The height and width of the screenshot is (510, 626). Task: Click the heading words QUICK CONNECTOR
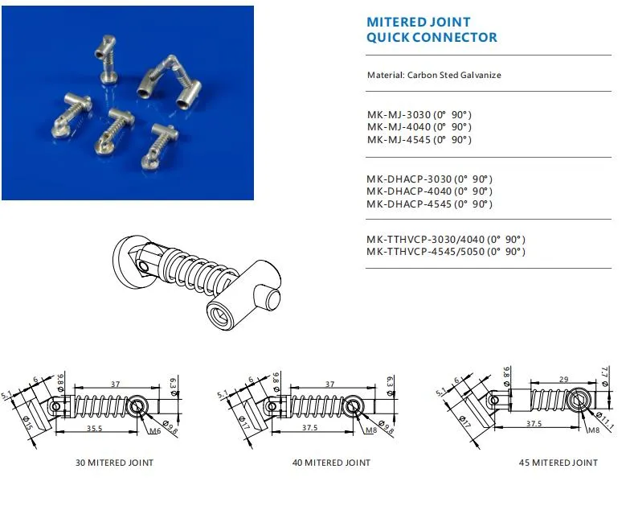click(432, 37)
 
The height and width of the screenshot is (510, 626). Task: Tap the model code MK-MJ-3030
click(399, 114)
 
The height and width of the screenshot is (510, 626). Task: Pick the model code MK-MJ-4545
click(399, 140)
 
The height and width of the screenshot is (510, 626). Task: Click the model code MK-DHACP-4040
click(408, 191)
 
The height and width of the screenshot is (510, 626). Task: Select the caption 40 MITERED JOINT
click(331, 463)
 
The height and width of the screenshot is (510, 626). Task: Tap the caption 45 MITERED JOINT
click(558, 463)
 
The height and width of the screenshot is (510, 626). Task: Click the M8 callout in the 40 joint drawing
click(370, 430)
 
